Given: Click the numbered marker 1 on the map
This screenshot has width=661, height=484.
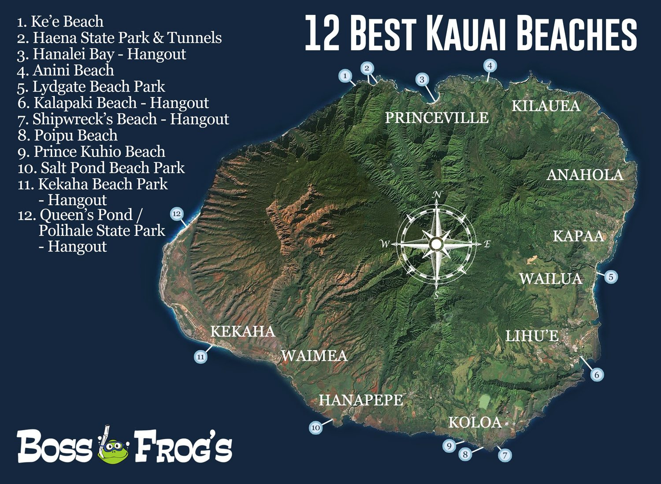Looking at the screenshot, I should point(345,76).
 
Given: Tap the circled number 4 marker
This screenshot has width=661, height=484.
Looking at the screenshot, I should point(490,66).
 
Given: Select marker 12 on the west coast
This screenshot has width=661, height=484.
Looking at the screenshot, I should point(177,214).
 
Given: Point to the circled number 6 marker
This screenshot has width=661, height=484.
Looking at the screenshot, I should point(597,375).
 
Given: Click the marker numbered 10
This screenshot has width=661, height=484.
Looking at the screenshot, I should point(316,427).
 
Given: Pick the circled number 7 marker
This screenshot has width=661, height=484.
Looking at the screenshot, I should point(505,455).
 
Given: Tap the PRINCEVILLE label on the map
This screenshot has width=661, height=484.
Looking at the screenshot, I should point(437,118).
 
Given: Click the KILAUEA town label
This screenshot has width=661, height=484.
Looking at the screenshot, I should point(546,106).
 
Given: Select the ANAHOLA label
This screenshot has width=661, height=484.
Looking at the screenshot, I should point(585,175).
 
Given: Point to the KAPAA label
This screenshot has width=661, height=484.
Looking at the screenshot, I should point(578,236).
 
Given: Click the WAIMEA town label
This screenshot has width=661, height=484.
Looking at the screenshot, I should point(314,356).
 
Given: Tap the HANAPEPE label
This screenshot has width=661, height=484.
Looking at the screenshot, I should point(360,400).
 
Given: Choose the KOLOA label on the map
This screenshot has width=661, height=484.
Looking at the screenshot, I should point(475,422).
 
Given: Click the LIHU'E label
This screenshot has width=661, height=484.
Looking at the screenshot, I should point(532,337).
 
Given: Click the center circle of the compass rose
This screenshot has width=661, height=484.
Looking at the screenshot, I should point(436,243).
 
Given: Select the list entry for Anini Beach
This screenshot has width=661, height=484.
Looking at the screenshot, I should point(66,70).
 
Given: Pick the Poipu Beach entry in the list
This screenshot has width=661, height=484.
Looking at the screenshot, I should point(68,136).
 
